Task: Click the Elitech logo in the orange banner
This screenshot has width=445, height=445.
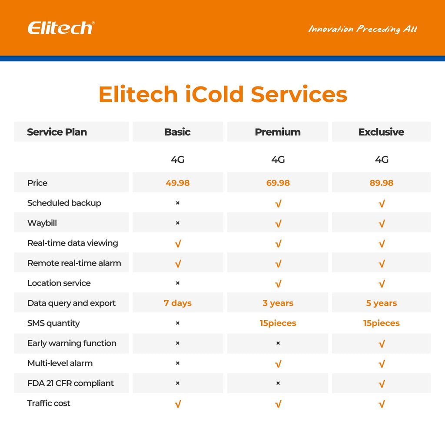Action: pos(61,28)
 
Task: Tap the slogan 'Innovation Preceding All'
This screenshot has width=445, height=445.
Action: pos(362,29)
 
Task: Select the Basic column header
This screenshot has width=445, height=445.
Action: pos(177,132)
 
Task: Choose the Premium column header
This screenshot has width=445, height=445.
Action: pos(278,132)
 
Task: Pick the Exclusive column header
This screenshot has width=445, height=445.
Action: pos(381,132)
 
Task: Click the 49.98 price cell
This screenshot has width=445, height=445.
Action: pos(177,183)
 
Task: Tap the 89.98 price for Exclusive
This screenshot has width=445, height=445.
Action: pos(381,183)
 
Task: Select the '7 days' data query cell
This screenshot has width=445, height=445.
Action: pos(177,303)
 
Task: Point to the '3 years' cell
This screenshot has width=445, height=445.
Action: pos(278,303)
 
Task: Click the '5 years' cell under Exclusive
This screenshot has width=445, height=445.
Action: pos(381,303)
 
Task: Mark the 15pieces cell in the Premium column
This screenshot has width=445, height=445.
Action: pos(278,323)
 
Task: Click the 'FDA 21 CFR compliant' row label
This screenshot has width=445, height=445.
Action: pos(70,383)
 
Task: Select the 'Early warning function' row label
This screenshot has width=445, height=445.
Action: pos(72,343)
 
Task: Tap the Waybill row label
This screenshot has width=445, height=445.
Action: pos(42,223)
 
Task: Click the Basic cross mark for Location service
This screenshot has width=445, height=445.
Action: pos(177,283)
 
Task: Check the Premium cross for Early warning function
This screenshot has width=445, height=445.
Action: pos(278,343)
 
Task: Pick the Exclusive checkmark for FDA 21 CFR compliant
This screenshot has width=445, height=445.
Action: pos(381,384)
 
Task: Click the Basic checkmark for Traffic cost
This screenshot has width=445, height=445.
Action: pos(177,404)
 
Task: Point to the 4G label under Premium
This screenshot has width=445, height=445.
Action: pos(278,160)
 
